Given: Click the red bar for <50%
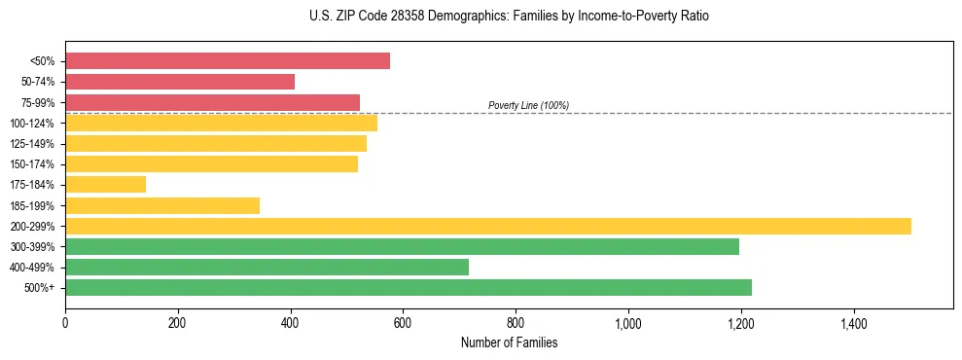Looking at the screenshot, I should point(228,61).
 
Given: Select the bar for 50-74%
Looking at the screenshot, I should point(180,82).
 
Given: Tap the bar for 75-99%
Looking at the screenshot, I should point(212,102).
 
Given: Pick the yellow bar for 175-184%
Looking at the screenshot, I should point(105,184).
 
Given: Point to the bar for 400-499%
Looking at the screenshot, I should point(267,267).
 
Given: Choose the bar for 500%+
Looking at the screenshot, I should point(409,287).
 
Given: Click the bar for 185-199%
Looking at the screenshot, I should point(162,205).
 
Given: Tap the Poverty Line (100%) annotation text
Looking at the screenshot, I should point(528,105).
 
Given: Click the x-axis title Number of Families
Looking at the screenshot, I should point(509,342).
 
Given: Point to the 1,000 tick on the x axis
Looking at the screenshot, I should point(628,321).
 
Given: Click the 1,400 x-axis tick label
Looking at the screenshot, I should point(854,321).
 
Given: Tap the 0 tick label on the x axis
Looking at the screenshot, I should point(65,321).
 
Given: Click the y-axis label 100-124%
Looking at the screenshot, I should point(32,124).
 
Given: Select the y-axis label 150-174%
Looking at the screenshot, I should point(32,164).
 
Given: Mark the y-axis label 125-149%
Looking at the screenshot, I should point(32,144).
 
